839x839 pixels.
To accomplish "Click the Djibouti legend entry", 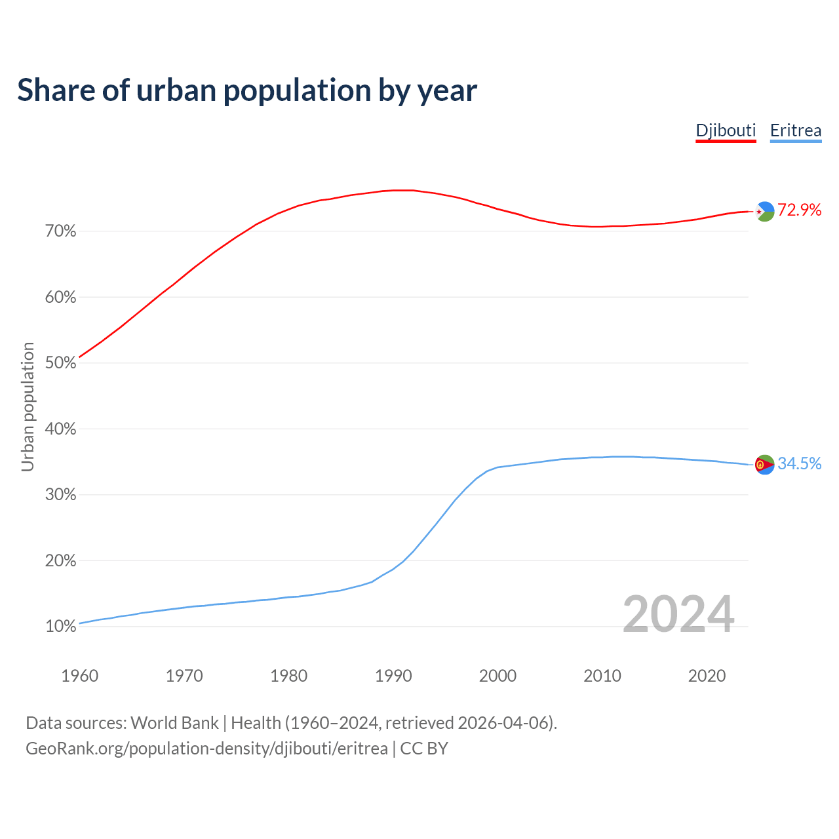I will pos(726,130).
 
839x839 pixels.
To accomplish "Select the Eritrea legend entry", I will pos(795,130).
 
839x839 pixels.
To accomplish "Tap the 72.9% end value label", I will pos(799,210).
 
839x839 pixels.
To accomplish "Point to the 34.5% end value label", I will pos(799,463).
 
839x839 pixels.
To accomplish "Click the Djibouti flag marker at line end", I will pos(765,211).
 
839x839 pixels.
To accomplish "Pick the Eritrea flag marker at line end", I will pos(764,464).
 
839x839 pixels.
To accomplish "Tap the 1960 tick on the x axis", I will pos(79,676).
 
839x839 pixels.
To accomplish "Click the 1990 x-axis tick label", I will pos(393,676).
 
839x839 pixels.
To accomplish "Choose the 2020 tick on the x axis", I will pos(707,676).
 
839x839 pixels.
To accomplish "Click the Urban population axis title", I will pos(28,406).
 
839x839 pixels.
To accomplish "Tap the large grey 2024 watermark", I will pos(678,614).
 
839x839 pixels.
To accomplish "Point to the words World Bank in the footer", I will pos(174,723).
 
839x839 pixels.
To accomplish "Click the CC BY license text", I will pos(424,749).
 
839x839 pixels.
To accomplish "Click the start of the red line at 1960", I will pos(80,357).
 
